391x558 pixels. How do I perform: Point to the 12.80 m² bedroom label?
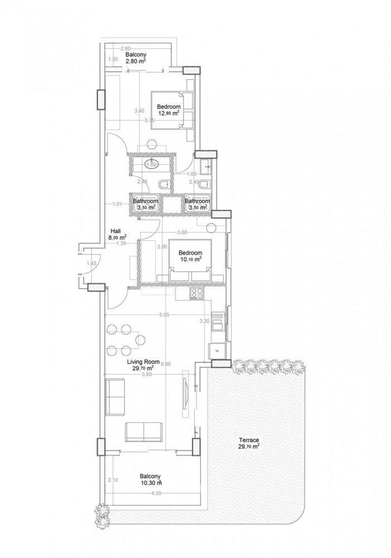pos(168,109)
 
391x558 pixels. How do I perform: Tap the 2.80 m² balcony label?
pos(136,58)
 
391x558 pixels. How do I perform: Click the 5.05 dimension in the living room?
pos(164,315)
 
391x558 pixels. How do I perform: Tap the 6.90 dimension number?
pos(166,364)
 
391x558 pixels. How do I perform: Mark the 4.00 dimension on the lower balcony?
pos(156,493)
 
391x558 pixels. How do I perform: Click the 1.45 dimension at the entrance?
pos(91,263)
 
